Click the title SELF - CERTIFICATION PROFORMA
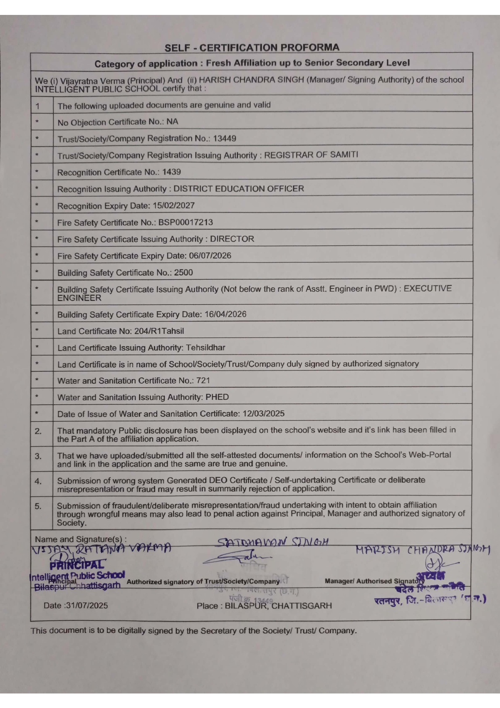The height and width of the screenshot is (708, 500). coord(252,48)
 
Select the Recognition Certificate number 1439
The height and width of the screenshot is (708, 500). coord(171,172)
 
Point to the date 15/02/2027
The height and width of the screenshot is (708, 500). coord(173,206)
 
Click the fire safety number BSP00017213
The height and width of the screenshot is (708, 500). coord(185,222)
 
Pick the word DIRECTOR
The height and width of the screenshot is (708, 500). coord(232,239)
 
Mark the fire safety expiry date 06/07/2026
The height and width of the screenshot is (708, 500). coord(210,256)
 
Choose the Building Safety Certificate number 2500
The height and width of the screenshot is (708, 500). coord(183,272)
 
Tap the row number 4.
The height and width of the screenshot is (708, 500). coord(38,481)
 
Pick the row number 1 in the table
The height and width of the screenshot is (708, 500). coord(37,107)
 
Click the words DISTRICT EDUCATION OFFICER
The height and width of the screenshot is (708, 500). coord(239,189)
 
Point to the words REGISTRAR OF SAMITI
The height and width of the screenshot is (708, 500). coord(311,155)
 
